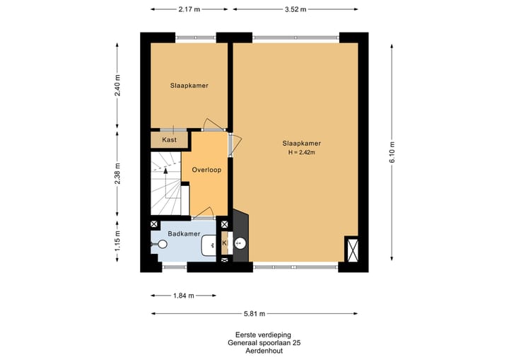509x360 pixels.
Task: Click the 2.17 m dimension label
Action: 189,9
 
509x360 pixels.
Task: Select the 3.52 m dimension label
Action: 296,9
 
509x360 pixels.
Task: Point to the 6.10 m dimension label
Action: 392,152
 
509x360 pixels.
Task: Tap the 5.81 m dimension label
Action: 255,313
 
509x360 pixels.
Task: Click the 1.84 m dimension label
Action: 183,296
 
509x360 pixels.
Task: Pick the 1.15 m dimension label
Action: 117,240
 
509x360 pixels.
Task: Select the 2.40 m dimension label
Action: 117,85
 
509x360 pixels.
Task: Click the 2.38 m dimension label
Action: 117,173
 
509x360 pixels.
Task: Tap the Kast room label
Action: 169,140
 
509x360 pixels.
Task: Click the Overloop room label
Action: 206,170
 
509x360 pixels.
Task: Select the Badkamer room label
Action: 184,233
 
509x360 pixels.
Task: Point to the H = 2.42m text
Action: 302,152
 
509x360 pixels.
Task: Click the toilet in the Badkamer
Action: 160,244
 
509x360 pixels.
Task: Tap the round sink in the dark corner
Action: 240,243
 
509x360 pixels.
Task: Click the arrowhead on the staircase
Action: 165,170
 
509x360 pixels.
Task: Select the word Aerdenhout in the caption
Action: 264,351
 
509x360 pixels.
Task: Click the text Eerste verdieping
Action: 263,335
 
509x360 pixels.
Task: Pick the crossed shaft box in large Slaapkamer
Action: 352,249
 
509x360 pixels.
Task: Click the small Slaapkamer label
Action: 189,86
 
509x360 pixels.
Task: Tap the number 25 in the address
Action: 296,343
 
